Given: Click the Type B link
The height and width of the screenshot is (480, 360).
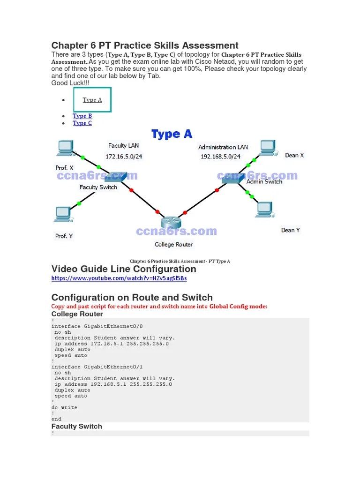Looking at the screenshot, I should pos(82,116).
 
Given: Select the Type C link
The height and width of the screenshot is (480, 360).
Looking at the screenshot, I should pos(82,123).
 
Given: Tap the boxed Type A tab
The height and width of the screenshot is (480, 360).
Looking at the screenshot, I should pos(92,100).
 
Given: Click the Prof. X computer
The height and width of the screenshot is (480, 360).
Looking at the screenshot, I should pos(64,149).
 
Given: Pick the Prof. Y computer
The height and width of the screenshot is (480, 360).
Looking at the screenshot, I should pos(62,215).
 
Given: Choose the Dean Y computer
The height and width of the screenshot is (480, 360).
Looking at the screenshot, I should pos(264,210).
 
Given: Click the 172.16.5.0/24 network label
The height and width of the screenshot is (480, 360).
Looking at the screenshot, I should pos(124,157).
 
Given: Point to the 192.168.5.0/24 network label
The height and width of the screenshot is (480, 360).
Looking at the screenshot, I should pos(220,157).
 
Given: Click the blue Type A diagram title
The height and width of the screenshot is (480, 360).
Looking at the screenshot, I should pos(172,135).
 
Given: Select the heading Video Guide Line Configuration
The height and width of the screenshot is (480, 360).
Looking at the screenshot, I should pos(124,269).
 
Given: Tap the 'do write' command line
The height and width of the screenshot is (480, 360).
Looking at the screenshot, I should pos(64,407).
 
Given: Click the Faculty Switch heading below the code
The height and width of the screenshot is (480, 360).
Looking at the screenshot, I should pos(76,426).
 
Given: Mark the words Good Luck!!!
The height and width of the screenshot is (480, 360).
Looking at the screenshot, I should pos(70,83).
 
